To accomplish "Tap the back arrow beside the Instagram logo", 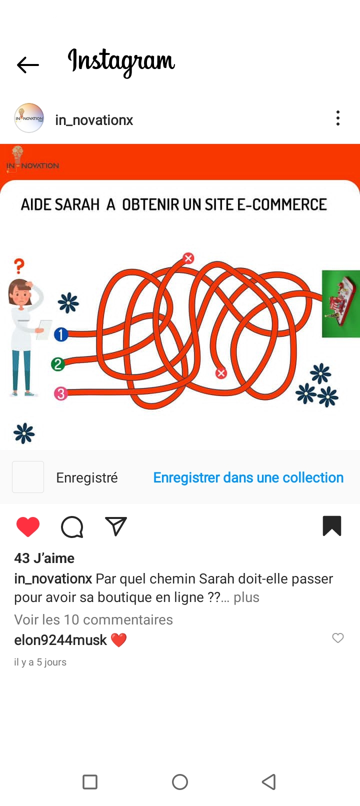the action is point(27,65).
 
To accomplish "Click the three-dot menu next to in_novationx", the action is point(337,118).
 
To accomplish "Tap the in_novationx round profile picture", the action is point(29,118).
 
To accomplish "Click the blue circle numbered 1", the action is point(61,334).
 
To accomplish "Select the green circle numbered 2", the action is point(58,364).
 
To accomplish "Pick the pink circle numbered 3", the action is point(61,393).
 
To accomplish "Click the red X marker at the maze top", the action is point(188,258).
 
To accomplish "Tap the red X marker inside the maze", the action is point(221,373).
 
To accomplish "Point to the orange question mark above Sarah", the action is point(19,266).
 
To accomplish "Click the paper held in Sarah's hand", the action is point(43,329).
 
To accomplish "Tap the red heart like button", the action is point(28,526).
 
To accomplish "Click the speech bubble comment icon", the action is point(72,527).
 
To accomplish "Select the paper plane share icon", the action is point(115,526).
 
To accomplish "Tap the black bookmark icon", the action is point(332,526).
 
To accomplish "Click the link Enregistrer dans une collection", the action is point(248,477).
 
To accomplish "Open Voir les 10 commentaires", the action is point(93,619).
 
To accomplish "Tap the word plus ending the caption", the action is point(246,597).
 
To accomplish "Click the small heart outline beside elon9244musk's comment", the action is point(337,637).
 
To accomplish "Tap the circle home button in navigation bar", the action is point(180,781).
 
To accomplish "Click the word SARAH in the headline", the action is point(77,204).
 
